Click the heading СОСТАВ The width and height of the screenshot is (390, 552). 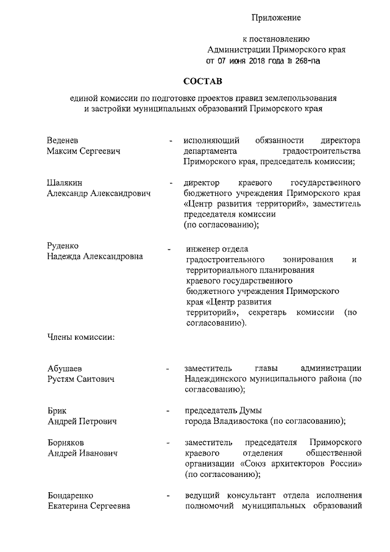point(204,81)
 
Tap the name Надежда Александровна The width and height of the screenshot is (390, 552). point(95,257)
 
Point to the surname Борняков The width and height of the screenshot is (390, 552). point(66,442)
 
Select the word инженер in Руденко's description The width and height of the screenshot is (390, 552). point(203,249)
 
